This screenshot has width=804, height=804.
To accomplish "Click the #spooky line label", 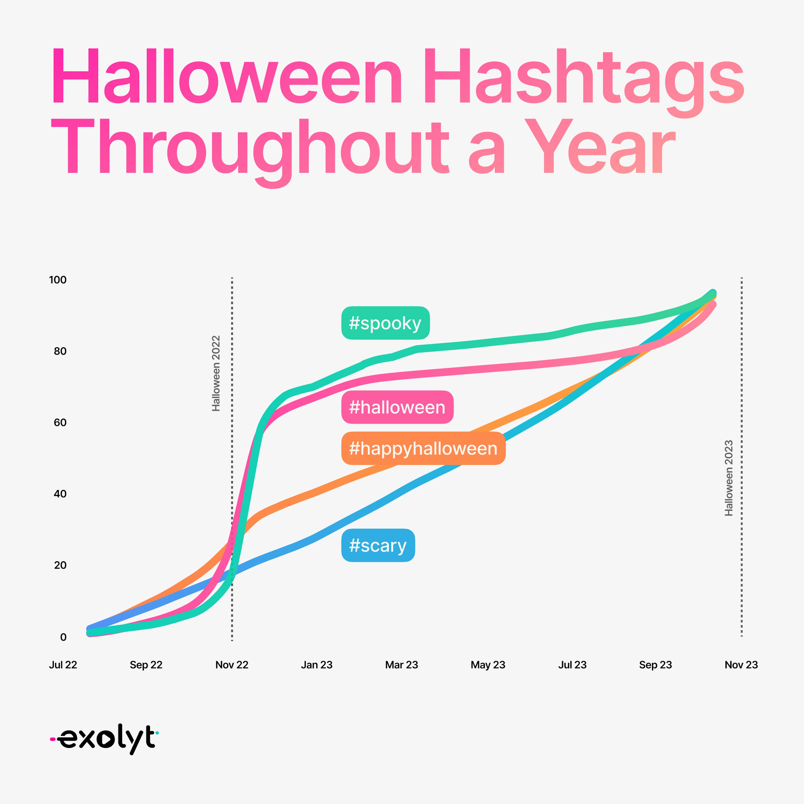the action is click(x=385, y=323).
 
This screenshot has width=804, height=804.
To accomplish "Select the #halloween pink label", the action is click(x=397, y=407).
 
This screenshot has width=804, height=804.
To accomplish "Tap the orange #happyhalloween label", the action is click(x=423, y=448).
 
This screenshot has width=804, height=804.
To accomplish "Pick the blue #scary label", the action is click(x=378, y=545).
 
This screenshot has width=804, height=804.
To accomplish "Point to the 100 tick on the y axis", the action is click(x=58, y=280).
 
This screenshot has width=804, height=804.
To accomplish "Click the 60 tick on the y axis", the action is click(x=60, y=422).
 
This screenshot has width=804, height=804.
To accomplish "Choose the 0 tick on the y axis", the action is click(x=63, y=637).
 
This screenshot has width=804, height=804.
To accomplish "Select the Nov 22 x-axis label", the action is click(x=232, y=665).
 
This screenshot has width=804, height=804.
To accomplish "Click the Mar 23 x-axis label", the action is click(x=402, y=665).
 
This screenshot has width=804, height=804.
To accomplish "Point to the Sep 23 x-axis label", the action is click(x=655, y=665).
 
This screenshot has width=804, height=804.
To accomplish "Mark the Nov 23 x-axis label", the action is click(x=741, y=665).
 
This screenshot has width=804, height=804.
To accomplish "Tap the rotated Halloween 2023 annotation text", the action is click(x=729, y=478).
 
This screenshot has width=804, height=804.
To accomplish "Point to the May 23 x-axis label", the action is click(x=488, y=665).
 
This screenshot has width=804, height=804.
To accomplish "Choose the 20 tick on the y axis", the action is click(x=60, y=565).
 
